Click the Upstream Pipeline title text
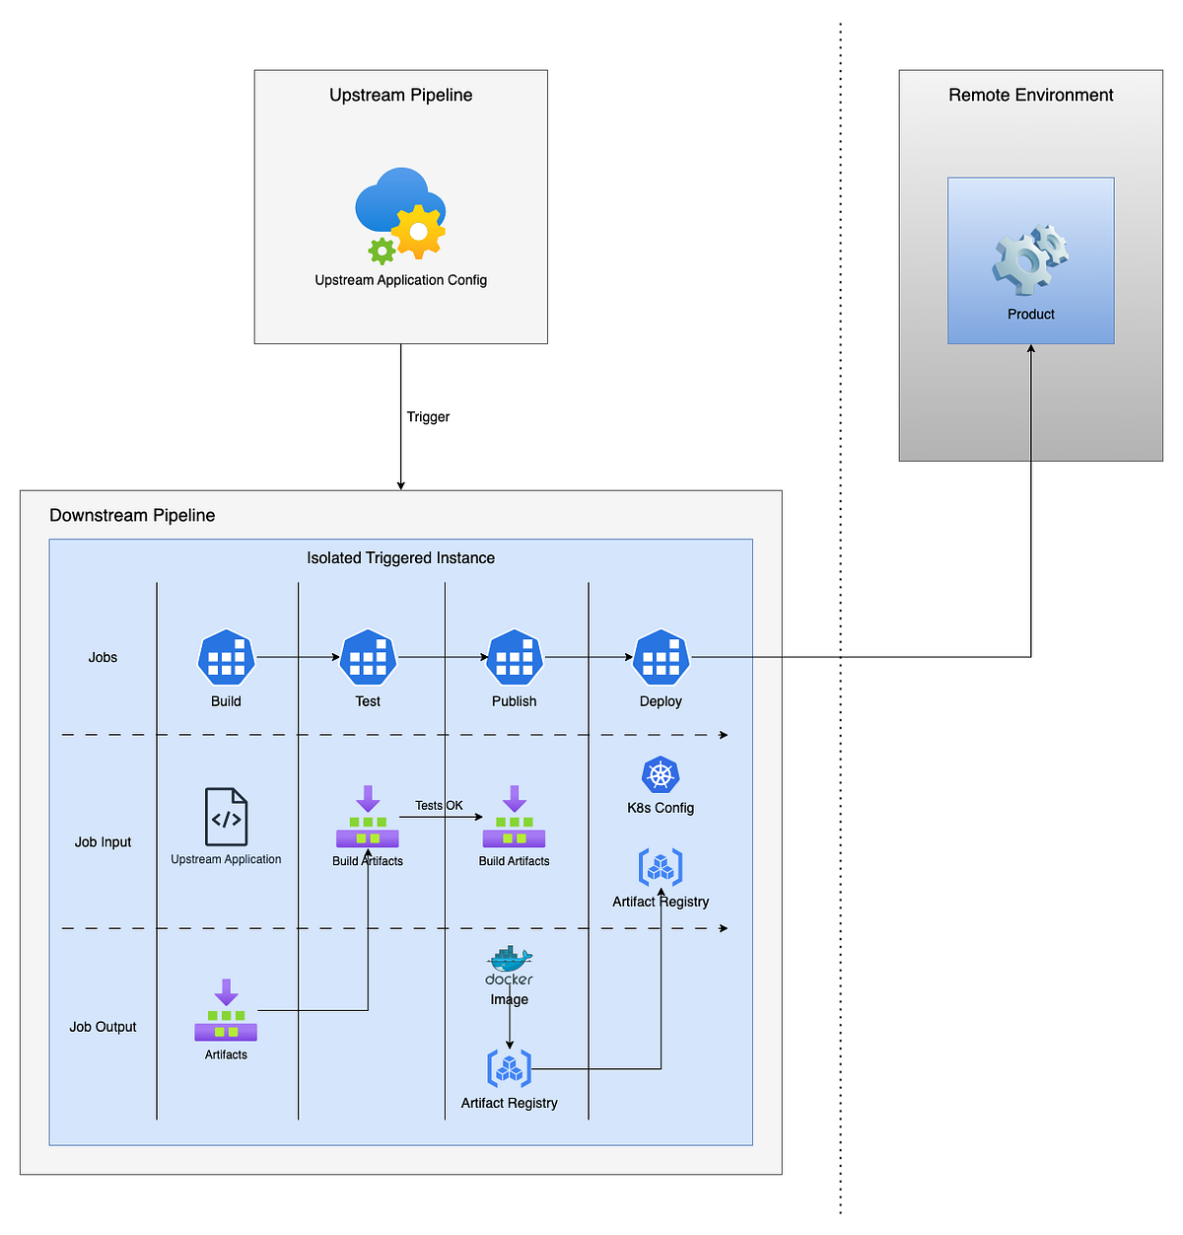point(400,95)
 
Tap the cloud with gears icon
point(400,214)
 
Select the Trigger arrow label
point(428,417)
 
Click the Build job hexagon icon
point(226,657)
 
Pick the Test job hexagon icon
point(368,657)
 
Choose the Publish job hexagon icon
point(515,657)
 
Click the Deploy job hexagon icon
point(661,657)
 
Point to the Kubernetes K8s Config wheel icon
point(661,775)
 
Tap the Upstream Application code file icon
point(226,817)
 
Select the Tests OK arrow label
point(439,806)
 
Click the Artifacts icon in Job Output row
point(226,1010)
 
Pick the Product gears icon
point(1030,259)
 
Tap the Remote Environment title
point(1030,95)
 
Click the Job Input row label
point(103,842)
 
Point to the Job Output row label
point(103,1027)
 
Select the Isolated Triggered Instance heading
point(400,558)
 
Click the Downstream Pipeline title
point(132,516)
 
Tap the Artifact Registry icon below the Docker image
point(510,1068)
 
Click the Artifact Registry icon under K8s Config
point(661,867)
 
